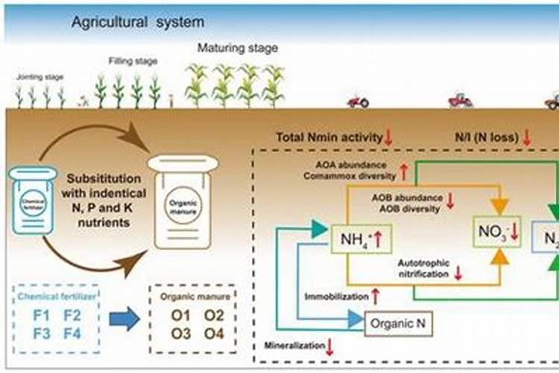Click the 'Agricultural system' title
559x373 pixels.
137,22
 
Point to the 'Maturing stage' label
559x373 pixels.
237,48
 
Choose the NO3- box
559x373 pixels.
498,233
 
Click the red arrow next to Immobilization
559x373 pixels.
376,296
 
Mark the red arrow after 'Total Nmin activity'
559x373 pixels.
388,137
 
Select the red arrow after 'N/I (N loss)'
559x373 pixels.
526,137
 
